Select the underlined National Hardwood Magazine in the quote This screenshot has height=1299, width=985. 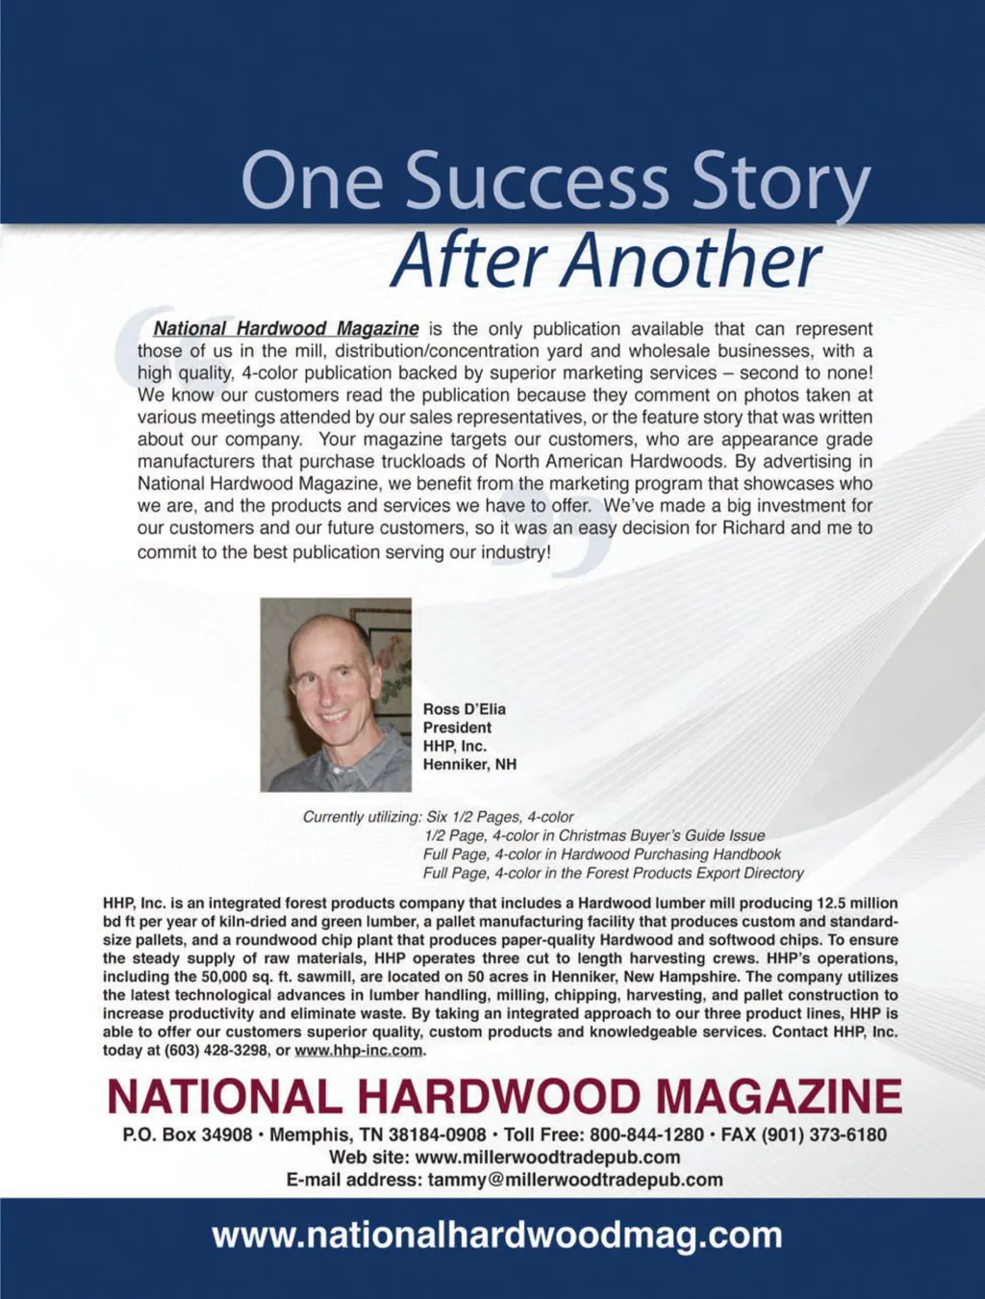click(286, 329)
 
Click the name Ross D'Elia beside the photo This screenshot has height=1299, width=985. click(464, 709)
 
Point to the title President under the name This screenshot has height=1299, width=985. click(457, 727)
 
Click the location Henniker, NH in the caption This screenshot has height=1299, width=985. click(469, 764)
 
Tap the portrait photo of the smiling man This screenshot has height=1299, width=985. click(336, 694)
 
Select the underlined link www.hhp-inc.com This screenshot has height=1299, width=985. click(359, 1050)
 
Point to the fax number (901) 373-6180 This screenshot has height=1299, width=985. click(824, 1134)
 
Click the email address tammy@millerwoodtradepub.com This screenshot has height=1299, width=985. click(575, 1180)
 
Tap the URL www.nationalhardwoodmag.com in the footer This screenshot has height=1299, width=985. click(497, 1235)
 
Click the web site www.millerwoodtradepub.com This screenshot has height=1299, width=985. click(547, 1158)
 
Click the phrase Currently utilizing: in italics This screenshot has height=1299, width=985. click(363, 817)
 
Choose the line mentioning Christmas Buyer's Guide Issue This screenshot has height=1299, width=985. click(594, 835)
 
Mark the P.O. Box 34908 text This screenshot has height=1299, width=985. click(188, 1134)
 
